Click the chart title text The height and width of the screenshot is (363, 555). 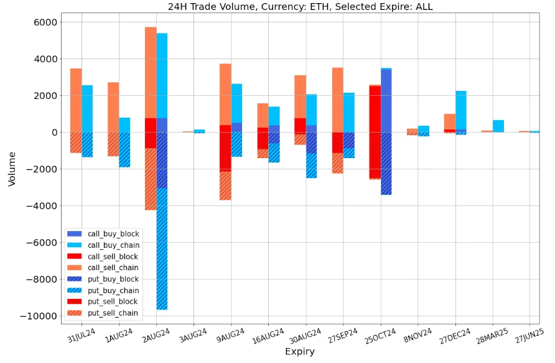click(300, 7)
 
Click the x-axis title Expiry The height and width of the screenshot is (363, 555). click(300, 352)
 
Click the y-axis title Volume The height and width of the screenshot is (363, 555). click(12, 169)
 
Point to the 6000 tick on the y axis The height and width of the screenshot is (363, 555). click(45, 22)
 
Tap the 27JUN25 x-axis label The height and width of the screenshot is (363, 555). click(529, 336)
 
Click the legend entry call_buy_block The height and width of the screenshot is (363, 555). click(113, 233)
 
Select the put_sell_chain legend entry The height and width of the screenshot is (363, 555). click(113, 313)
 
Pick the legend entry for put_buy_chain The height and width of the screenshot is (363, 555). click(113, 291)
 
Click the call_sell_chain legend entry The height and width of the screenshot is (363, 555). click(113, 268)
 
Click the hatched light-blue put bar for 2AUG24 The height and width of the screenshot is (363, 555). click(162, 249)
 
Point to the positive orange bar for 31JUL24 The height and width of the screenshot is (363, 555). click(76, 100)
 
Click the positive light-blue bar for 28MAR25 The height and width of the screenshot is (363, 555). click(498, 126)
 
